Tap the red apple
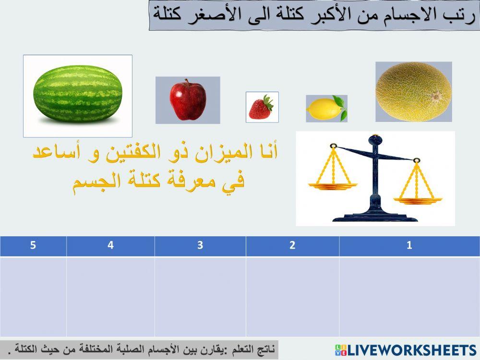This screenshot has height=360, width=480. pos(188,100)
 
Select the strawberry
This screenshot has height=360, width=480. pos(261,108)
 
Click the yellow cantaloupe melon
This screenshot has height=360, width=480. pos(413,91)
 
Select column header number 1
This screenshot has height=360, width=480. pos(409,245)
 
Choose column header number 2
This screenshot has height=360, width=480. pos(292,245)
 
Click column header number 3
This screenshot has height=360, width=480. pos(200,245)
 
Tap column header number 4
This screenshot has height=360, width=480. pos(110,245)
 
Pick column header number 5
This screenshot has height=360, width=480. pos(33,245)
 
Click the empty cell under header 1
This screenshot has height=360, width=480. pos(409,297)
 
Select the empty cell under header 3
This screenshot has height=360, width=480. pos(200,297)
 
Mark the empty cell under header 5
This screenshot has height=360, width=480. pos(33,297)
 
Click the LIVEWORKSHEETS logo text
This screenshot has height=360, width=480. pos(411,349)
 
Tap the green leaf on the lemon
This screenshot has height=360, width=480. pos(340,102)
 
